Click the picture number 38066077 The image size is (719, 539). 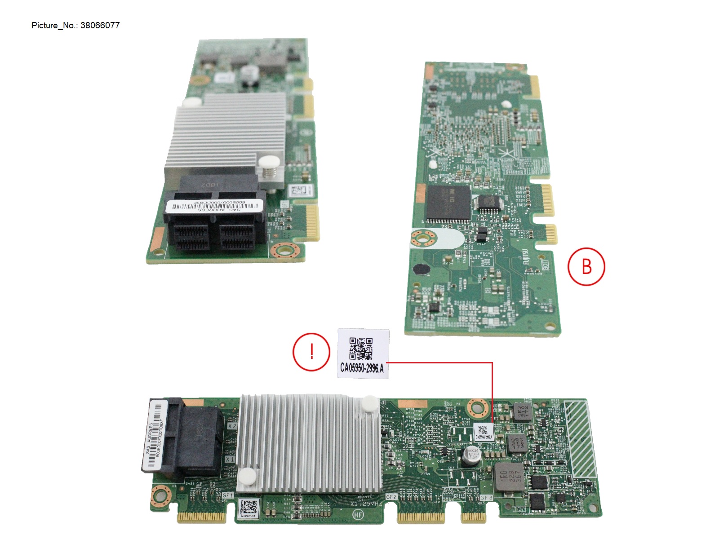100,26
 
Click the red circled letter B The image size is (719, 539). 586,266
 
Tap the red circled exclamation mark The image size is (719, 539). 311,352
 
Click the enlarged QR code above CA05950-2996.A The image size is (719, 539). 361,349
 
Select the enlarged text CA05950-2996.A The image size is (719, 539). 362,368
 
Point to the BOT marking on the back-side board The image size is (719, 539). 546,265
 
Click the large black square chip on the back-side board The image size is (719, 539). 448,204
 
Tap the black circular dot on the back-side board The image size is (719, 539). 421,269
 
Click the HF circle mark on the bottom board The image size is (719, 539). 358,515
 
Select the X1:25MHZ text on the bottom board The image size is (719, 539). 366,504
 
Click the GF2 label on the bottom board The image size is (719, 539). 391,497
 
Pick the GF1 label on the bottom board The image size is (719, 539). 228,495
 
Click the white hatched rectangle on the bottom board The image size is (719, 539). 581,438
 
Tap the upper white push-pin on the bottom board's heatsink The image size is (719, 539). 369,402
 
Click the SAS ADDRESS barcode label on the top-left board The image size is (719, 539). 213,206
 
